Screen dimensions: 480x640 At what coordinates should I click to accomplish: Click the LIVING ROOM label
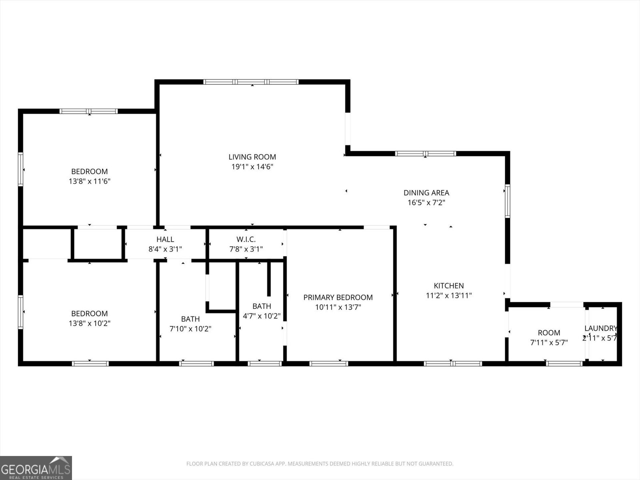252,157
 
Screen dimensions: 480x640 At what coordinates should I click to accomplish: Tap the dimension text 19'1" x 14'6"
252,167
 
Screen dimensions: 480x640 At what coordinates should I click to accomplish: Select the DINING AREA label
426,193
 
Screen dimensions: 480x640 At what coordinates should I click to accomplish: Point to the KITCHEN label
449,286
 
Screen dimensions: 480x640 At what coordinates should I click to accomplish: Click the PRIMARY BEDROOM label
338,297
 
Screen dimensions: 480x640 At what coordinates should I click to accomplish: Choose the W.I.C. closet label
246,239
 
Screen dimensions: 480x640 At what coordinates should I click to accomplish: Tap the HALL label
165,239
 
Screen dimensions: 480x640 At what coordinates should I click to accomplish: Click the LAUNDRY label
600,328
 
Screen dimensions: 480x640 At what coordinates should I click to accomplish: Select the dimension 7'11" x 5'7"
549,342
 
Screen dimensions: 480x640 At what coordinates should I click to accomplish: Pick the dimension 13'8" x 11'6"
90,181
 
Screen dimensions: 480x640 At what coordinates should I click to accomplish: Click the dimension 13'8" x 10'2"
90,323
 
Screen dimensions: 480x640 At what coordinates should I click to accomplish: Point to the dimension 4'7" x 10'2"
262,316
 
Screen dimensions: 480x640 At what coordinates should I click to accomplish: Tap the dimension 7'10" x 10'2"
190,329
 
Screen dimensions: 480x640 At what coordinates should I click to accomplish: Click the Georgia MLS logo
36,468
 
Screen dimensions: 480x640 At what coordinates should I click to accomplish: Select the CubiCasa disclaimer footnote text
320,464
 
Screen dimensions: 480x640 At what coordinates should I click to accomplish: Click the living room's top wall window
251,82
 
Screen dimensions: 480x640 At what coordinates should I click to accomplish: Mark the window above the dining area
425,154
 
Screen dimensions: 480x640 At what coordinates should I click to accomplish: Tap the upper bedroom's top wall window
88,111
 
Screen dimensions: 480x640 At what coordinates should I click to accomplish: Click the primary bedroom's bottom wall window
329,364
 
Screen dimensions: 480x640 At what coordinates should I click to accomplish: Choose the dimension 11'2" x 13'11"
449,296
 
